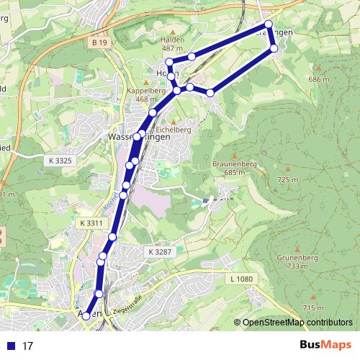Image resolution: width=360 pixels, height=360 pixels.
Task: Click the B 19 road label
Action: tap(99, 43)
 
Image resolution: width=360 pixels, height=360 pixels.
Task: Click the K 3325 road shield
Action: tap(63, 159)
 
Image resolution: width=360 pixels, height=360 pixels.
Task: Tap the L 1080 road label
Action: tap(243, 279)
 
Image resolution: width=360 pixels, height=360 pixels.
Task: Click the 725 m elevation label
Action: tap(287, 180)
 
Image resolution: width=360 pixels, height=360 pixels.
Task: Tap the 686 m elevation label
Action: tap(318, 79)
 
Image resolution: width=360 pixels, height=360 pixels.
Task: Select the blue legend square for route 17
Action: tap(10, 346)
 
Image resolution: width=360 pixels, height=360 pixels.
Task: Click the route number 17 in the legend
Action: tap(28, 346)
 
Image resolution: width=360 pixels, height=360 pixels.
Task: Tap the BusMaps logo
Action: tap(325, 346)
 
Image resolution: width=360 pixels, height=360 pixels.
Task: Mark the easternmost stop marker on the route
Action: tap(274, 48)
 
